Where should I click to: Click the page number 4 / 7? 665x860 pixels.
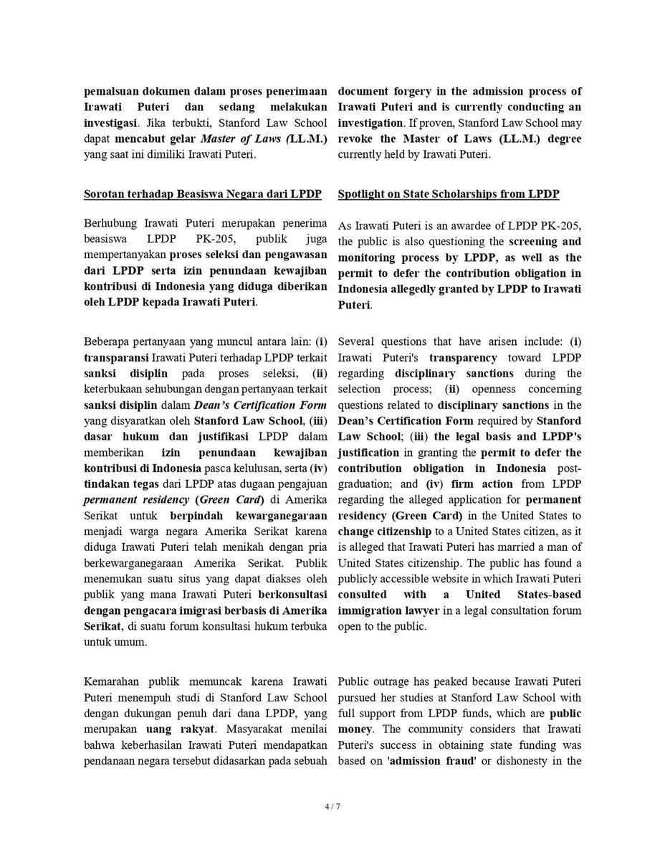pyautogui.click(x=332, y=806)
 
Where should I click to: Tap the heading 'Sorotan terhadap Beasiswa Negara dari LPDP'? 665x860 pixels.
pyautogui.click(x=203, y=194)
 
